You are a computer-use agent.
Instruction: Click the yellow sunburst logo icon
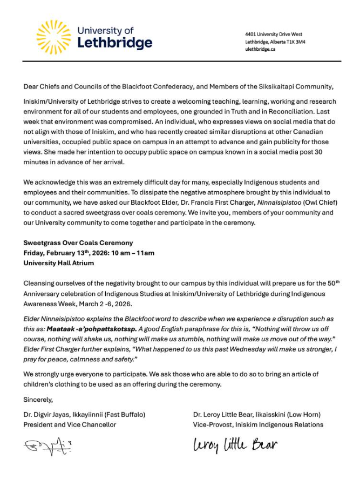click(53, 37)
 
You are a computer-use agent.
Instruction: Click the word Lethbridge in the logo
click(114, 43)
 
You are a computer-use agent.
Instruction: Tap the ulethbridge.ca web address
click(260, 49)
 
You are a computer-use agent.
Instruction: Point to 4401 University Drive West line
click(273, 34)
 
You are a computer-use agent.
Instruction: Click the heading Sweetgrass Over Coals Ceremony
click(78, 243)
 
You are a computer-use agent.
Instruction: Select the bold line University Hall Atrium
click(58, 263)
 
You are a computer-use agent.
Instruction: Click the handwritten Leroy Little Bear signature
click(235, 446)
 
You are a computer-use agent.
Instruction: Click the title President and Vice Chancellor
click(70, 424)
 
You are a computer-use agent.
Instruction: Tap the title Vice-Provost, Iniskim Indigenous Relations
click(258, 424)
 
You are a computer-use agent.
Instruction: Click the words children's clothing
click(54, 384)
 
